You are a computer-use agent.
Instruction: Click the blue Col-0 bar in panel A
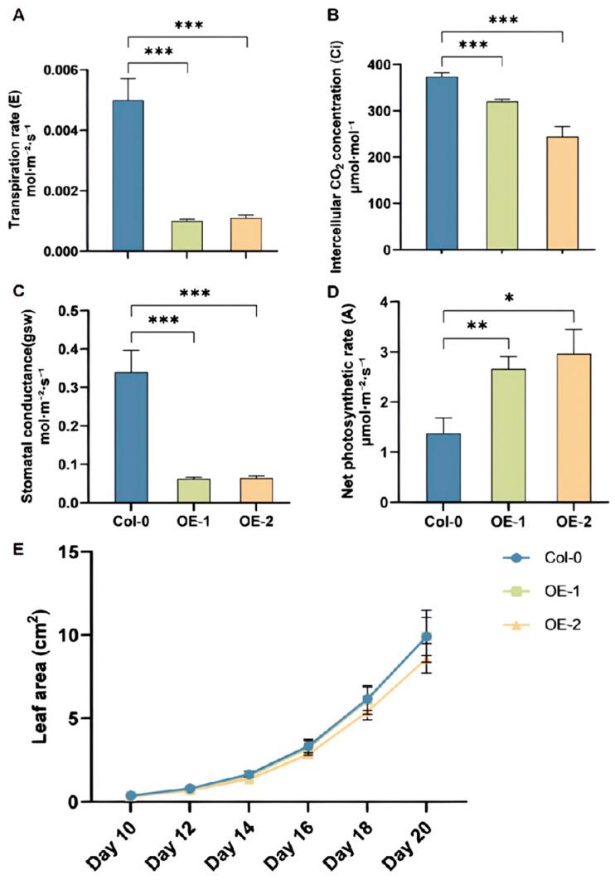tap(128, 175)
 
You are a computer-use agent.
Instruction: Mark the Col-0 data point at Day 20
tap(426, 637)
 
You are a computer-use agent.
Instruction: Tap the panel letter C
tap(13, 290)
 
